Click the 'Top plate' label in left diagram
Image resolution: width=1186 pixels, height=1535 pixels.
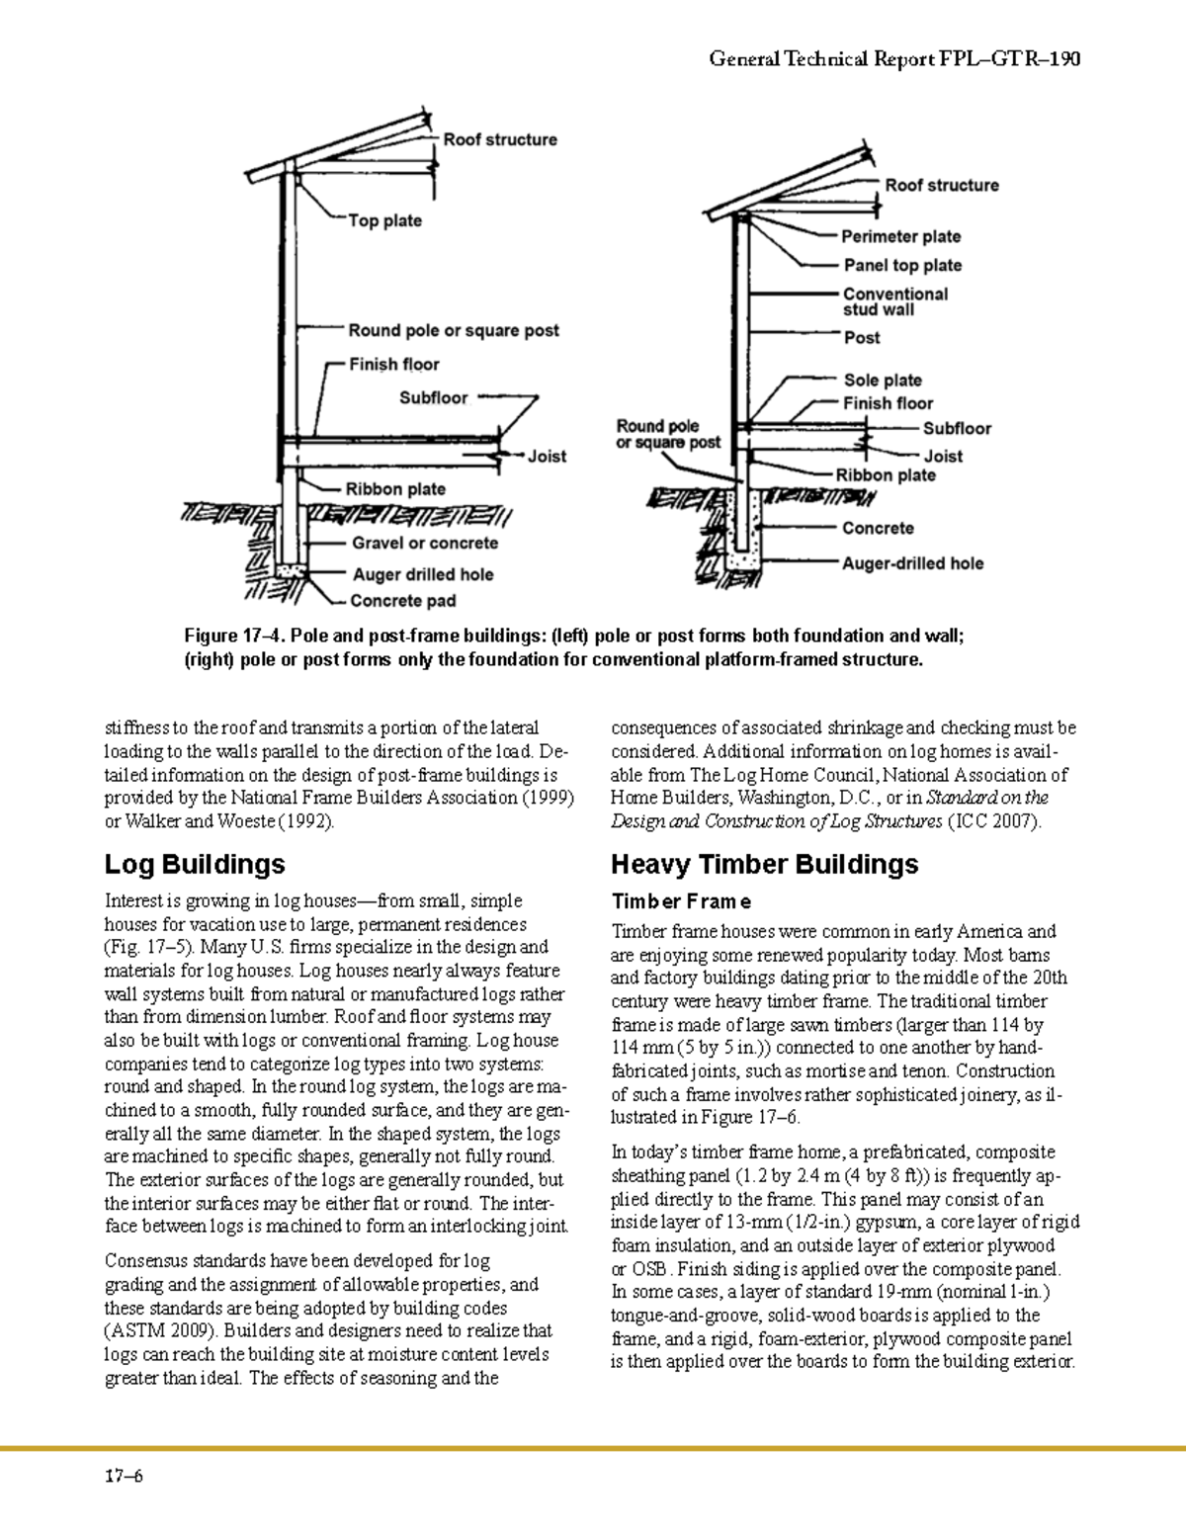pyautogui.click(x=384, y=220)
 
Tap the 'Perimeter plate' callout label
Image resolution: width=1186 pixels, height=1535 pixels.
pyautogui.click(x=900, y=236)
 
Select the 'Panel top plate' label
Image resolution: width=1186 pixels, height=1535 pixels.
pyautogui.click(x=902, y=265)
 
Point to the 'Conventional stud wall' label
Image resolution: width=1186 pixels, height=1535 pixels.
pyautogui.click(x=894, y=301)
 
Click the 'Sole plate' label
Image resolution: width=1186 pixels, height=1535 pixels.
pyautogui.click(x=883, y=380)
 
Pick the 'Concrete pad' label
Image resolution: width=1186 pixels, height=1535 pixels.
pyautogui.click(x=403, y=600)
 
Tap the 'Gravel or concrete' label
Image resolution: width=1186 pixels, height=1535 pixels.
pyautogui.click(x=425, y=543)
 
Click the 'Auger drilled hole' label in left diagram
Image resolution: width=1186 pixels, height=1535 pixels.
pyautogui.click(x=423, y=574)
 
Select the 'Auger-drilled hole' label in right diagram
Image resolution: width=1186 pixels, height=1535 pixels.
pyautogui.click(x=912, y=563)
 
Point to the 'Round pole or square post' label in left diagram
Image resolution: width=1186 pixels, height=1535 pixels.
pyautogui.click(x=454, y=330)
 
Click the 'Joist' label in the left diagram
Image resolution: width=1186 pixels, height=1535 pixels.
pyautogui.click(x=547, y=456)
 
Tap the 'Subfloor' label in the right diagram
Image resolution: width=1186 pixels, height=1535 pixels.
pyautogui.click(x=957, y=428)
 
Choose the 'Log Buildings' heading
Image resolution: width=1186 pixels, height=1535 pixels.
pyautogui.click(x=195, y=864)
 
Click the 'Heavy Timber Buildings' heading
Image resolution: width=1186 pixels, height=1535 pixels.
pyautogui.click(x=764, y=864)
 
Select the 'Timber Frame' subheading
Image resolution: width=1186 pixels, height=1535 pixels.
pyautogui.click(x=681, y=901)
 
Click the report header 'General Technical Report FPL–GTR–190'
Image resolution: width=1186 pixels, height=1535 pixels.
pyautogui.click(x=894, y=59)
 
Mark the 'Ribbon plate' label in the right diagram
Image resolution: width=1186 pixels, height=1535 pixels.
pyautogui.click(x=886, y=474)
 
